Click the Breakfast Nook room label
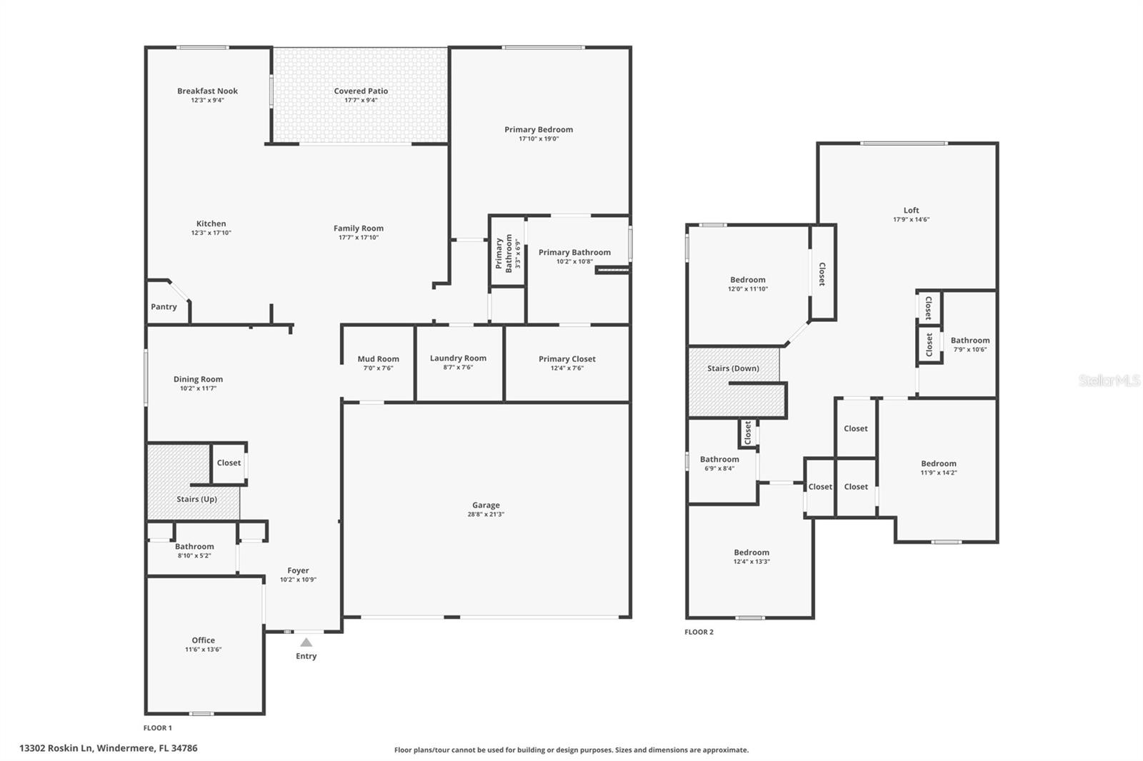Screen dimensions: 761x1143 207,91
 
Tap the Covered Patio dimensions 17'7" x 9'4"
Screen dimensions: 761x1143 361,101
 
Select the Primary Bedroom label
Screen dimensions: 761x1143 539,129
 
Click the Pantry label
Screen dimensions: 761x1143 164,307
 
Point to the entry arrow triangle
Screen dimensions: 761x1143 306,642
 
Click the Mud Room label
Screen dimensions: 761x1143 378,359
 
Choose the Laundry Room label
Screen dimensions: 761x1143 458,358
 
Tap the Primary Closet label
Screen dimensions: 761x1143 566,359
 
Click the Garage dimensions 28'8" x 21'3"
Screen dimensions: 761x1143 486,515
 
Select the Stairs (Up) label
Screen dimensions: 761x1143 196,499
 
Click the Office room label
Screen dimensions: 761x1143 203,640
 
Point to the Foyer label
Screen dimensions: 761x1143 298,570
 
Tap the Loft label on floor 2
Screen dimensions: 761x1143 911,210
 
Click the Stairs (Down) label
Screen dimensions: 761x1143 733,368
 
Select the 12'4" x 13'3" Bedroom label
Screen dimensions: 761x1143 752,553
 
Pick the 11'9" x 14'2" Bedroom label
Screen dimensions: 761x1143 938,463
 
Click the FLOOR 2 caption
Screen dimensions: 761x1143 699,632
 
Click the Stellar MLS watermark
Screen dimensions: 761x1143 1109,380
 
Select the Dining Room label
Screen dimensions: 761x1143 198,379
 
